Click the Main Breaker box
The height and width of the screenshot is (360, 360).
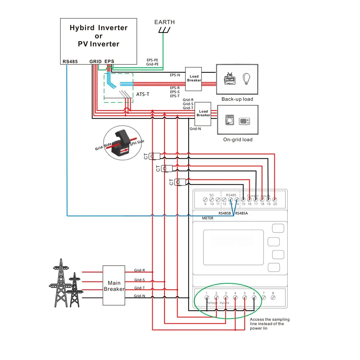click(x=114, y=286)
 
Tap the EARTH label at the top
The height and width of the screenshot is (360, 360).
click(x=165, y=22)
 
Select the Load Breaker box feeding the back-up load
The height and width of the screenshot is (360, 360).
click(x=194, y=78)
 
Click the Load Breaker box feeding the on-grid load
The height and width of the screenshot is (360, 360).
click(x=203, y=113)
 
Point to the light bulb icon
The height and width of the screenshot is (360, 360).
click(x=247, y=78)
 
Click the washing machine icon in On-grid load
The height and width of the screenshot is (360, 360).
click(x=229, y=120)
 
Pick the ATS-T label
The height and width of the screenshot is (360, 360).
click(x=143, y=94)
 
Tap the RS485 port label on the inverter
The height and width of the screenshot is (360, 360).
click(x=70, y=62)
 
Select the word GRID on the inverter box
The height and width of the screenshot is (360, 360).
click(x=95, y=62)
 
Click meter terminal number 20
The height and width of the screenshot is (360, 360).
click(x=275, y=199)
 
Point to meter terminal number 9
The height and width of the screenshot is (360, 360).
click(x=205, y=199)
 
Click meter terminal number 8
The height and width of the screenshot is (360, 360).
click(x=273, y=297)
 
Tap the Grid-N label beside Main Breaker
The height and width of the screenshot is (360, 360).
click(x=139, y=296)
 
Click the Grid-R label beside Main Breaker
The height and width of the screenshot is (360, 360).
click(x=139, y=270)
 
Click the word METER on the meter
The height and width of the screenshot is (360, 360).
click(x=208, y=218)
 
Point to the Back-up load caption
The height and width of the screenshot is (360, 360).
click(x=237, y=99)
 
